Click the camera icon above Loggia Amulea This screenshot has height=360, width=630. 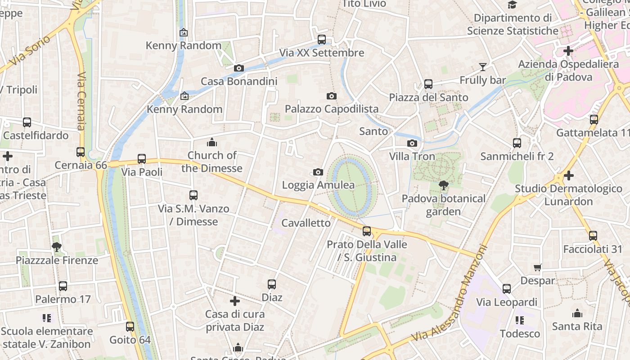tap(318, 172)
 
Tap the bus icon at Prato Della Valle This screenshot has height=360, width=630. tap(367, 231)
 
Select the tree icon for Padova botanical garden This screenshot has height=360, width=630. tap(444, 185)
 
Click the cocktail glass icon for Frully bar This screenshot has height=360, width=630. tap(483, 67)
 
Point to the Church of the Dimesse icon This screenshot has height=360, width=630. tap(211, 143)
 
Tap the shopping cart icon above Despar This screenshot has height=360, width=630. tap(537, 268)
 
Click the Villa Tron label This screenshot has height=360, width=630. tap(412, 156)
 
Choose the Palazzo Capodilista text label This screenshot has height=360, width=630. tap(332, 109)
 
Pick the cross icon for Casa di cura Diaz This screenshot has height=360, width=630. tap(234, 301)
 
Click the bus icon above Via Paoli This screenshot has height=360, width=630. tap(142, 158)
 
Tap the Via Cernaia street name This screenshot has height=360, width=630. tap(81, 101)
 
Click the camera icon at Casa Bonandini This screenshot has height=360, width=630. tap(239, 68)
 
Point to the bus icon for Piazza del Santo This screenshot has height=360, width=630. tap(428, 84)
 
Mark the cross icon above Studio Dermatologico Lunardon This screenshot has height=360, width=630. tap(569, 175)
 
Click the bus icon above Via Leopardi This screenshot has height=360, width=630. tap(507, 289)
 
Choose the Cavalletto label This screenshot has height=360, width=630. tap(306, 223)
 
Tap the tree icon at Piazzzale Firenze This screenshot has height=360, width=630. tap(57, 247)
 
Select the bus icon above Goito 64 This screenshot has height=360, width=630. tap(130, 326)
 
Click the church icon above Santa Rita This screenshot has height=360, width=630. tap(577, 313)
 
